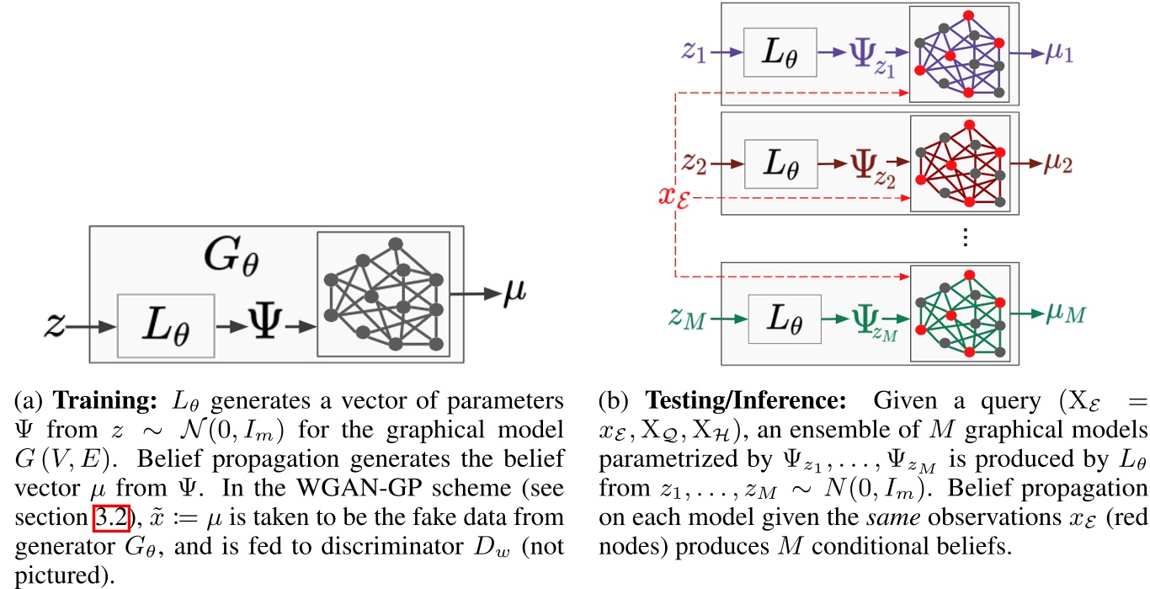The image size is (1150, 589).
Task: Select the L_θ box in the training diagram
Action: pyautogui.click(x=165, y=325)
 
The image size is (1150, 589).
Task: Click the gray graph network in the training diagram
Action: pyautogui.click(x=383, y=294)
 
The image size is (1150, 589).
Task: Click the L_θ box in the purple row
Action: pyautogui.click(x=781, y=52)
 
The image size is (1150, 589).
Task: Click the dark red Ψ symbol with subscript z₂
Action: pyautogui.click(x=867, y=164)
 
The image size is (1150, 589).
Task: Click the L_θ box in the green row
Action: pyautogui.click(x=781, y=318)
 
